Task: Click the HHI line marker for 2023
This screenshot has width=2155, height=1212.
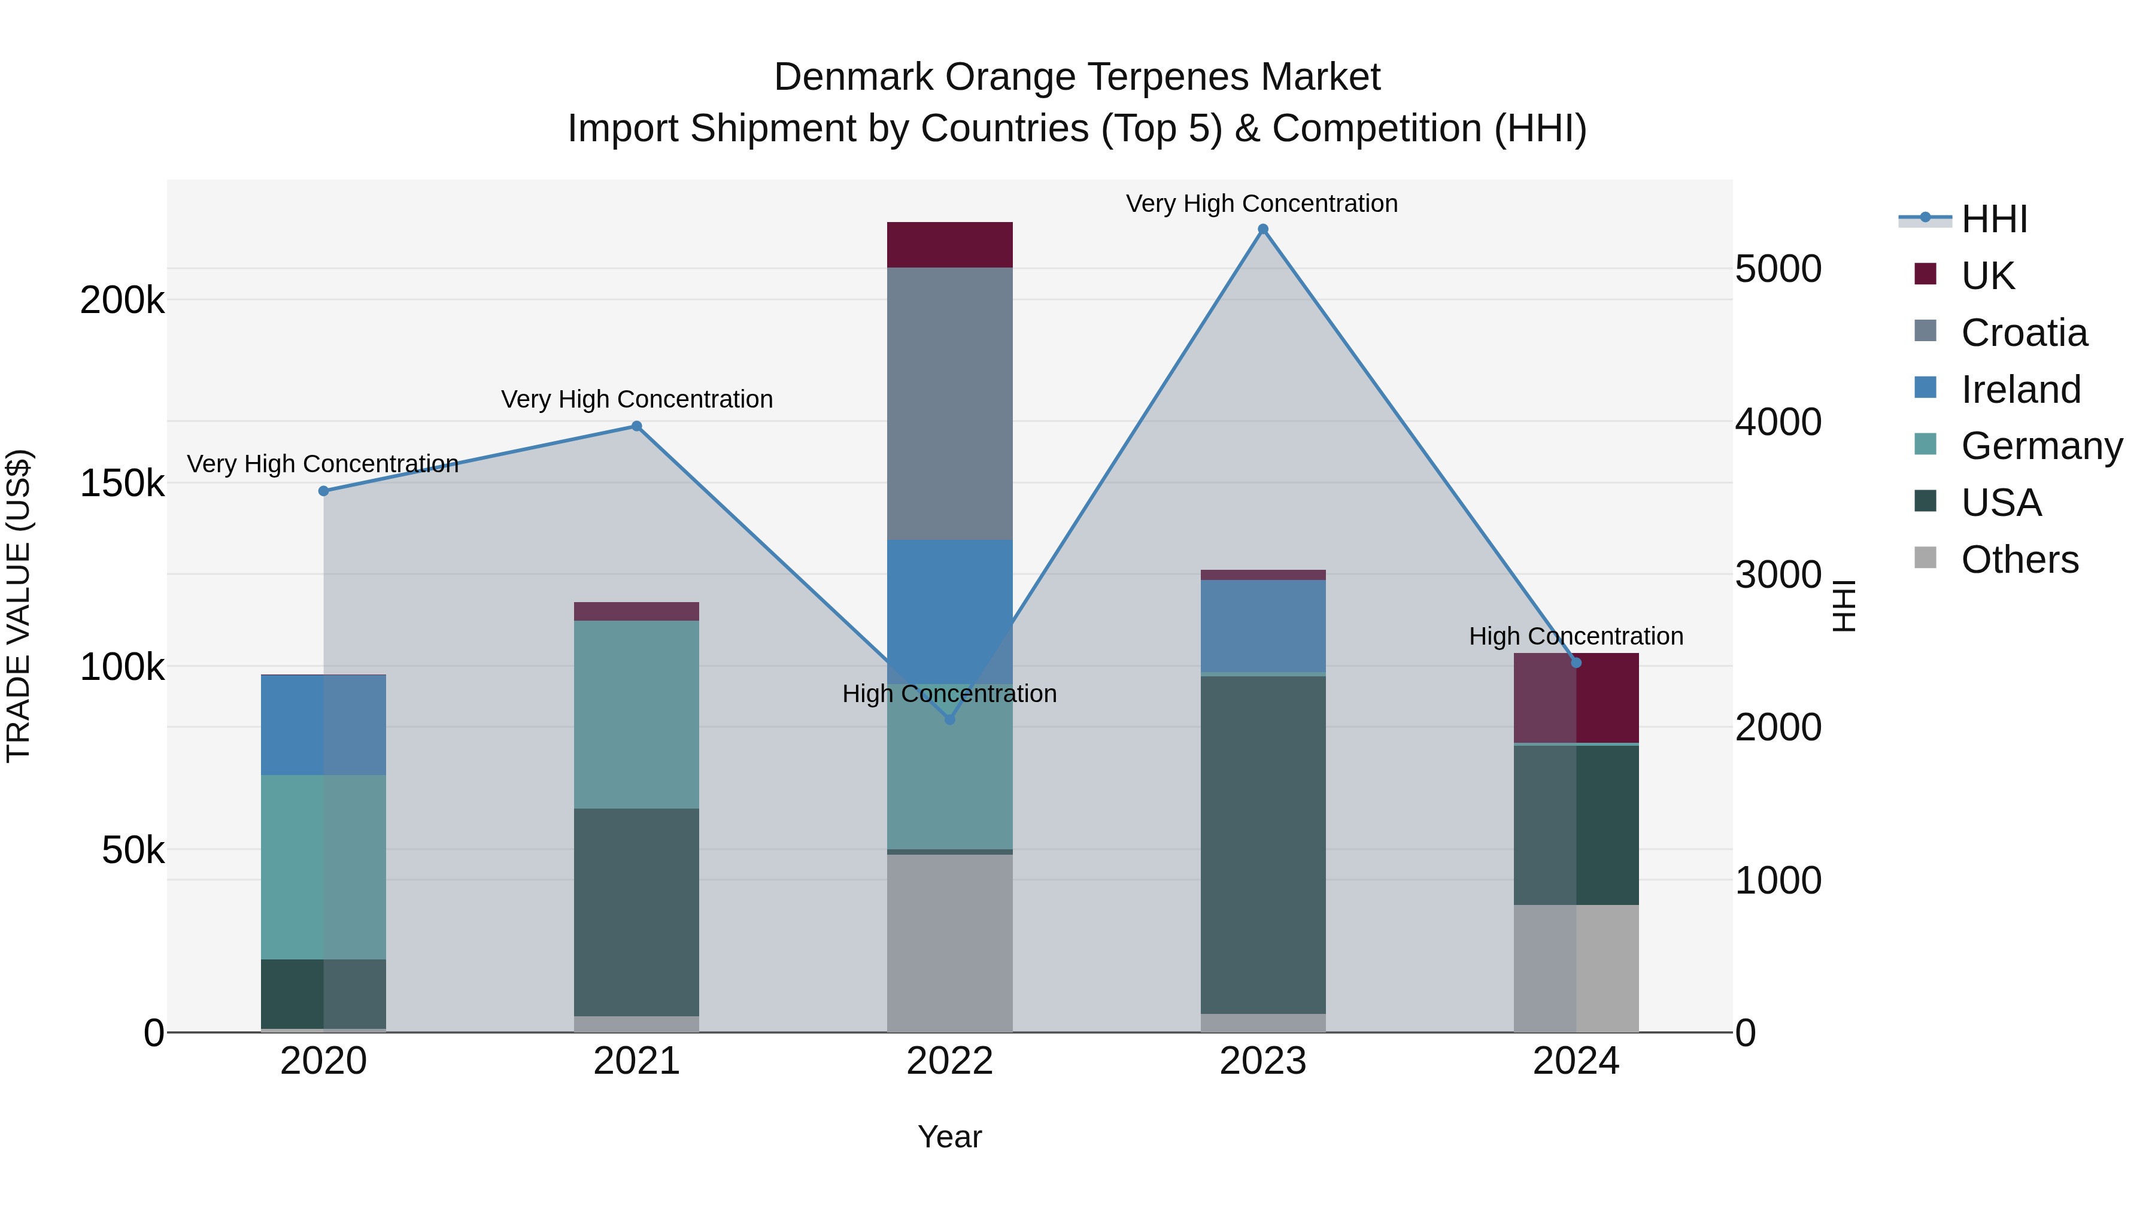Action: [x=1262, y=229]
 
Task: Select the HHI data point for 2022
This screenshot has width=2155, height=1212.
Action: [x=949, y=719]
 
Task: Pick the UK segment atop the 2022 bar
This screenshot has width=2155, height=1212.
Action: [x=949, y=244]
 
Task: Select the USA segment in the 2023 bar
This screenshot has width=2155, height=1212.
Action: [x=1262, y=845]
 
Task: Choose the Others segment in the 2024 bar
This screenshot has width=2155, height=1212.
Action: [x=1576, y=968]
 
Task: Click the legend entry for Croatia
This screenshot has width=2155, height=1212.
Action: [x=2023, y=333]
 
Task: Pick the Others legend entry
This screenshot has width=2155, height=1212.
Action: [x=2019, y=560]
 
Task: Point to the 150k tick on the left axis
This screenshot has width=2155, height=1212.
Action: [x=122, y=484]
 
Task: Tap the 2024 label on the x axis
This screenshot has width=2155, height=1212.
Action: [x=1576, y=1061]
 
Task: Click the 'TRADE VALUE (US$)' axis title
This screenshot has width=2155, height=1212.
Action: [x=19, y=606]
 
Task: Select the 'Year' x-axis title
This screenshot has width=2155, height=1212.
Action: [x=949, y=1137]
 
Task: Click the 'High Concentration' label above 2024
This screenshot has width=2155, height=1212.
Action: [x=1576, y=637]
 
